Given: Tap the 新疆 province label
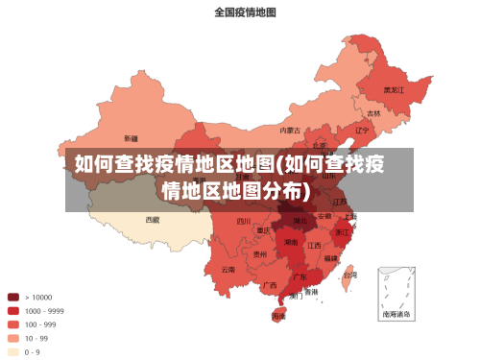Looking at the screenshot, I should coord(130,139).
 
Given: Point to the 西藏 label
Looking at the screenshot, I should coord(153,219).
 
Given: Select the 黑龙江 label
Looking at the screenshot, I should coord(395,89).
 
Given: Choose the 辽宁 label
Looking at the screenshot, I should coord(362,130).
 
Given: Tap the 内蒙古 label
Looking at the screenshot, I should coord(290,130).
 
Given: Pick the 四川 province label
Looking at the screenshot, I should coord(244,221).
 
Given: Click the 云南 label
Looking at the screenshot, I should coord(228,270).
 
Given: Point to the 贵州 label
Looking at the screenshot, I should coord(260,254).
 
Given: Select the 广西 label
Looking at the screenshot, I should coord(270,285).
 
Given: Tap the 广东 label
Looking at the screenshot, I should coord(300,277).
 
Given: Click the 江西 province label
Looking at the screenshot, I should coord(314,246).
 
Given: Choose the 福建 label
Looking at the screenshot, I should coord(330,258).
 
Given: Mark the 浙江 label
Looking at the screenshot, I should coord(343,232).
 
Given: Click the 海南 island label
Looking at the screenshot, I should coord(279,315).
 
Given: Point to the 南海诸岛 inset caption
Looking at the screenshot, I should coord(397,313).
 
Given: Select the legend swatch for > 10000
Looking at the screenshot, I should coord(14,298).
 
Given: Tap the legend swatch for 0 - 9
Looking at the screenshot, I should coord(14,351).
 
